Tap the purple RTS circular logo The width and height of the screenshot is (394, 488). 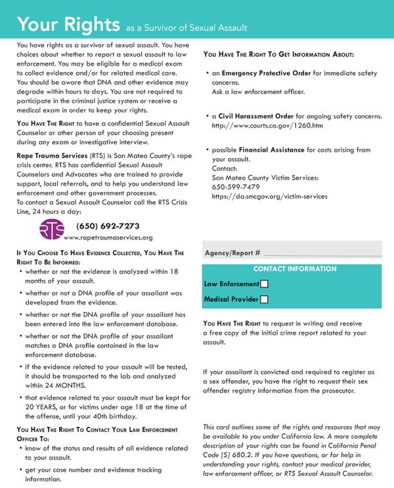coord(52,229)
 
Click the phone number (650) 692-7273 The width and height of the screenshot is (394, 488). coord(108,226)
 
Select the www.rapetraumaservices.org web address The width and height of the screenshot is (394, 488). coord(108,237)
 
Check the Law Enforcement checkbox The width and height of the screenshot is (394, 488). coord(264,284)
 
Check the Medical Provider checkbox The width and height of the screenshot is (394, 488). coord(264,299)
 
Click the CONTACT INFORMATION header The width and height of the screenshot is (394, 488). coord(295,269)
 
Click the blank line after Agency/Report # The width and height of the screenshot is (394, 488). coord(323,253)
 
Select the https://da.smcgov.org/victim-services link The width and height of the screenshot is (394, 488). coord(269,196)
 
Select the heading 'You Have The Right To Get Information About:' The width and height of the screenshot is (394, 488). coord(279,54)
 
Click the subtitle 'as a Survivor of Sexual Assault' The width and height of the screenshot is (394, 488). coord(186,28)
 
